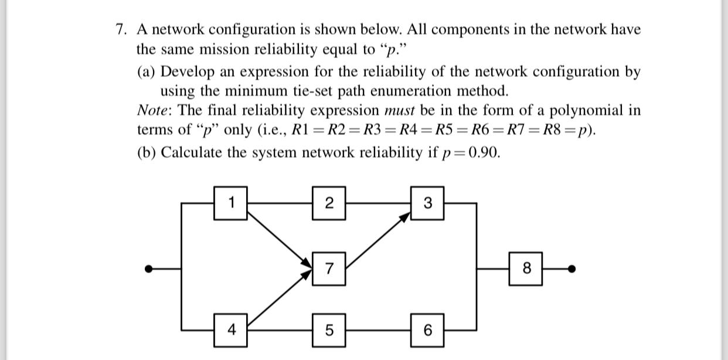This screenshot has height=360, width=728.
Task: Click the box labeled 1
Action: (231, 203)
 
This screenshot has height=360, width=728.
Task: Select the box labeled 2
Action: (329, 203)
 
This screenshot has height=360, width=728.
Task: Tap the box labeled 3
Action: (427, 203)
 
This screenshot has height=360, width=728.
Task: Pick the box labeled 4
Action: (231, 330)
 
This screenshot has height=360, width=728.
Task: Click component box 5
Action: (329, 330)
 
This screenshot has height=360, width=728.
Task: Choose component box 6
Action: (427, 330)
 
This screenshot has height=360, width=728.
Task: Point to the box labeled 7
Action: (329, 269)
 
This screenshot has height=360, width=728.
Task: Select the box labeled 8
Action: (526, 269)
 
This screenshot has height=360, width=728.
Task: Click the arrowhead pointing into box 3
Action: (405, 218)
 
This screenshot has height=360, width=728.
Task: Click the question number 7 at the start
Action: (120, 29)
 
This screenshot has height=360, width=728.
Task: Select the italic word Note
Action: (153, 110)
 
